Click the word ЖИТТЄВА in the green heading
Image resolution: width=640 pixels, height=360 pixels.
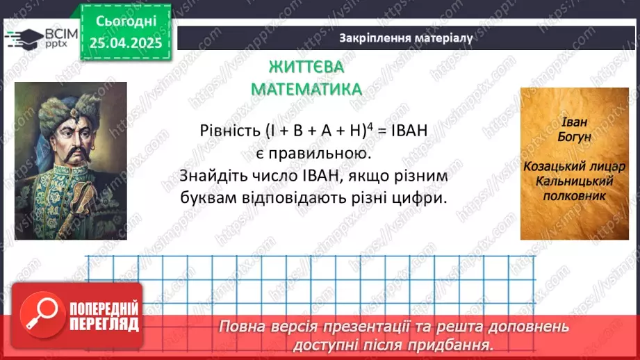point(306,67)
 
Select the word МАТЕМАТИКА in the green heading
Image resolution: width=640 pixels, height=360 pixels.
point(306,89)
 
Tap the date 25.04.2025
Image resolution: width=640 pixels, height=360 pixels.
point(126,43)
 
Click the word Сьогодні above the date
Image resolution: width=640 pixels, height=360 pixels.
point(126,21)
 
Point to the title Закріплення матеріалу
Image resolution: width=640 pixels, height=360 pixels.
point(407,38)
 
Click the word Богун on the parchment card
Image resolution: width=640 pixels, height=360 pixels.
point(574,137)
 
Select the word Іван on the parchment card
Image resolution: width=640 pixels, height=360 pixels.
point(574,123)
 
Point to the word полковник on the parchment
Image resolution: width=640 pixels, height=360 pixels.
point(574,195)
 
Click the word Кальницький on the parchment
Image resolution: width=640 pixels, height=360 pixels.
point(574,181)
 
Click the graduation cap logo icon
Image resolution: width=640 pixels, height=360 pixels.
point(22,38)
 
